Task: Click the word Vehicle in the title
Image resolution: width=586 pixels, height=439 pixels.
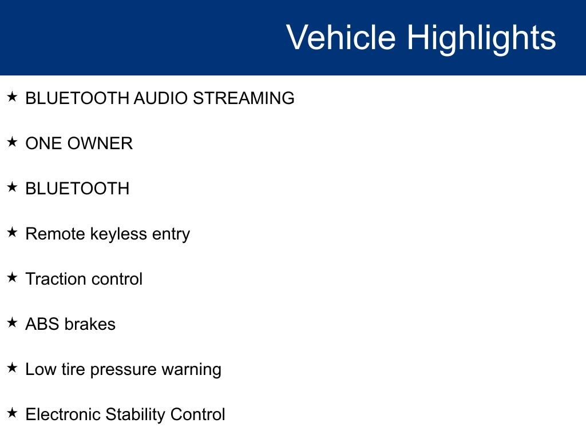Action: pyautogui.click(x=341, y=37)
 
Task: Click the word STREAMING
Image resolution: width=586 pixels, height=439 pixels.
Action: pyautogui.click(x=244, y=98)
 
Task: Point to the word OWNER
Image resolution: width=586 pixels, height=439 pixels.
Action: pyautogui.click(x=100, y=143)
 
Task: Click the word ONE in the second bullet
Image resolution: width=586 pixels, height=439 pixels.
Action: pyautogui.click(x=43, y=143)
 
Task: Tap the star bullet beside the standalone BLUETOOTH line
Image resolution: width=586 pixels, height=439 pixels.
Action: pyautogui.click(x=12, y=187)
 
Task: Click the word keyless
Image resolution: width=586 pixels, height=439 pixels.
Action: pyautogui.click(x=118, y=234)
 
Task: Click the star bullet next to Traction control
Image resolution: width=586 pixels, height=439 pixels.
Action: pyautogui.click(x=12, y=277)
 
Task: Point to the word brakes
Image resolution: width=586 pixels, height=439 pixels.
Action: pyautogui.click(x=90, y=324)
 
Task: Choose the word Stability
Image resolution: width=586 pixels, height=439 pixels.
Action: pyautogui.click(x=135, y=416)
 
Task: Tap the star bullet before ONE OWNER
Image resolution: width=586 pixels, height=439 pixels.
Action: pyautogui.click(x=12, y=142)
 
